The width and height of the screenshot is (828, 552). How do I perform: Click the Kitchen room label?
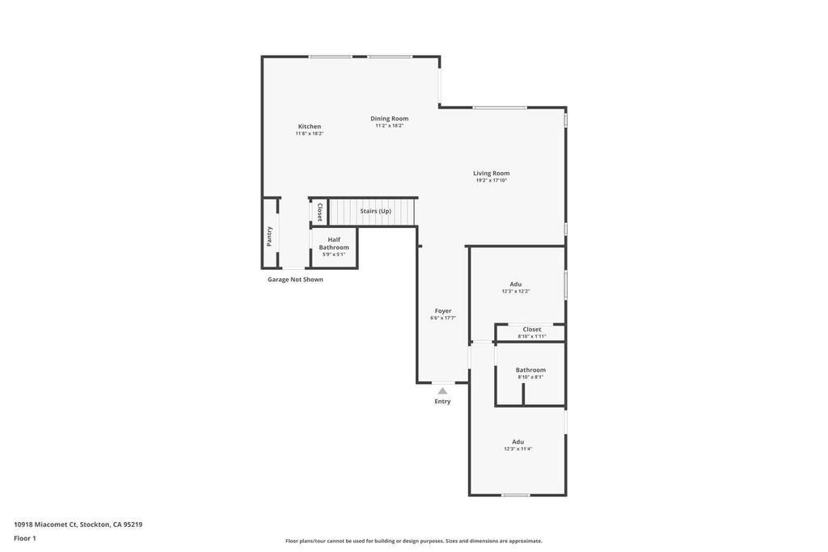310,127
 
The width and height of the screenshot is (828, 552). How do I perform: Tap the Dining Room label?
389,119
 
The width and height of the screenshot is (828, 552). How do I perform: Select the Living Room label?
491,173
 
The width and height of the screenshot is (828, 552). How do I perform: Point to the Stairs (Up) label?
375,211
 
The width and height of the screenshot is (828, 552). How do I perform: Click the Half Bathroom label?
334,243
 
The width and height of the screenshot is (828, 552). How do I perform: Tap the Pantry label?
269,237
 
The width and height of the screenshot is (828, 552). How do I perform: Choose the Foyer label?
443,311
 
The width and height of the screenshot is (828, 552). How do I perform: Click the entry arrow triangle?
442,391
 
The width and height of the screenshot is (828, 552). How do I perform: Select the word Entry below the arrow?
442,402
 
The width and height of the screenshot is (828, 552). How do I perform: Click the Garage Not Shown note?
295,280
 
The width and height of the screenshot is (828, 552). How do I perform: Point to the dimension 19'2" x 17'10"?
491,180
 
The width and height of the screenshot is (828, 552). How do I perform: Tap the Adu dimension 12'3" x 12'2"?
516,291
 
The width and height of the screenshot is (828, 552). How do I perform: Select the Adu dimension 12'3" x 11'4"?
518,449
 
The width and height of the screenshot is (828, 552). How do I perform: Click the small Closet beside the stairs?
319,212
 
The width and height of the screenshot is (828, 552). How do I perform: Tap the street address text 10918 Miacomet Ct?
46,525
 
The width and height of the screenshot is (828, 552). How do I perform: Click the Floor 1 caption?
25,538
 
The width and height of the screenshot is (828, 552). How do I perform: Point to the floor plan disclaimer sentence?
414,541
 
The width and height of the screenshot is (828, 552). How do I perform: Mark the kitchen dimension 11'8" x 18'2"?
310,134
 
